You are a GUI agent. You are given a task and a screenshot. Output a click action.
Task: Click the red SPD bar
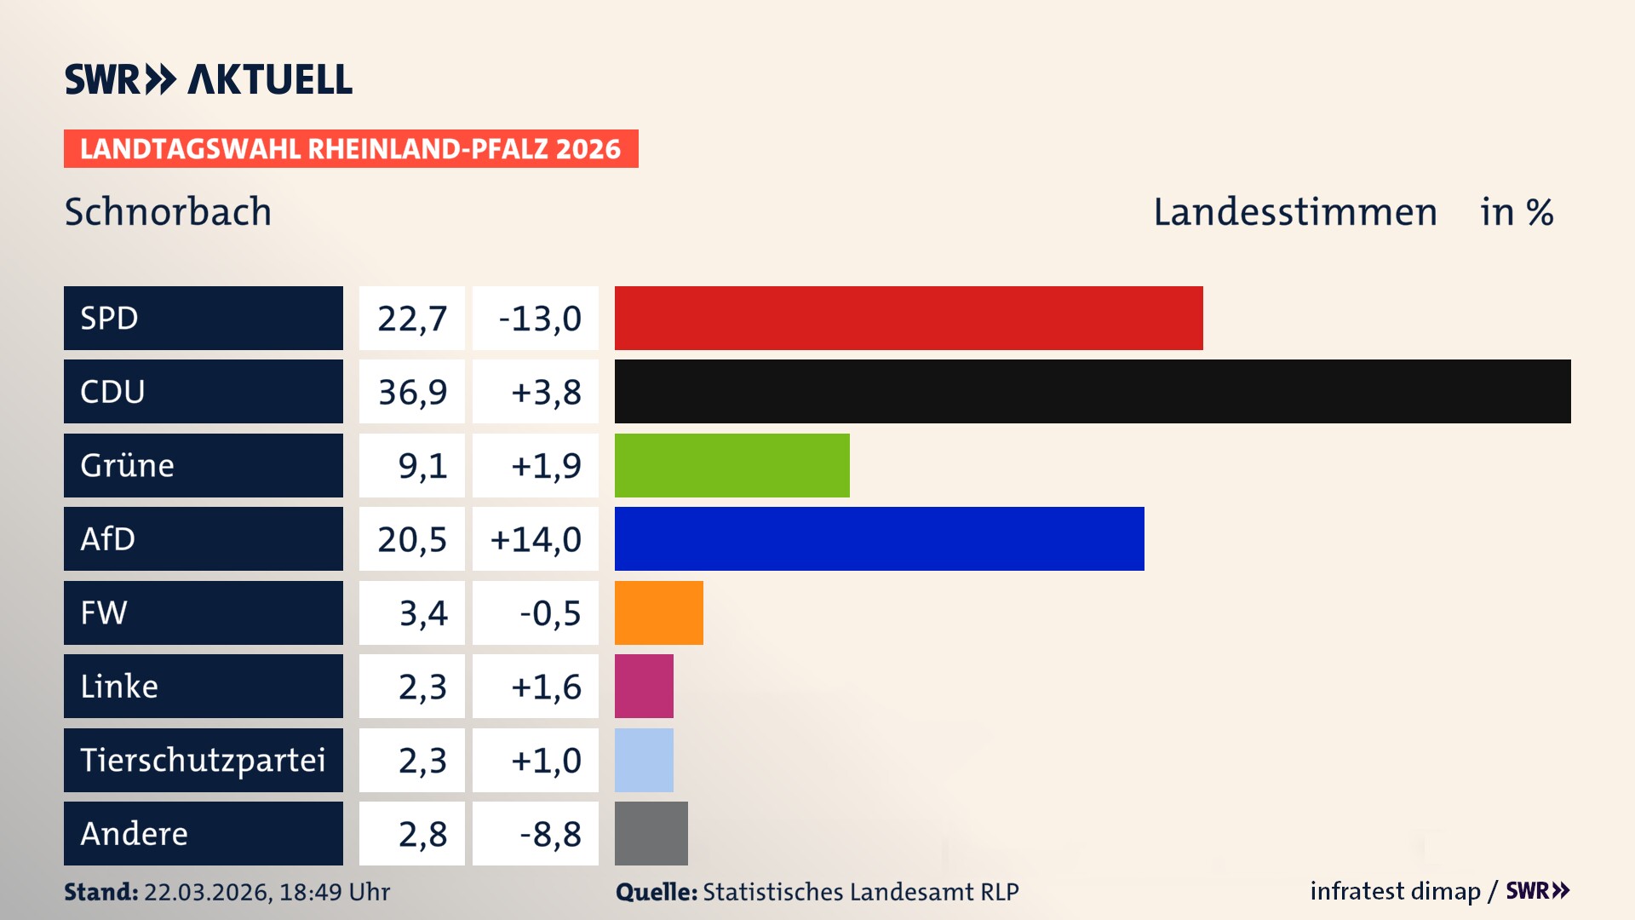click(x=909, y=318)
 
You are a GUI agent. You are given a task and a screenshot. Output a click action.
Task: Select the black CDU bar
click(x=1093, y=391)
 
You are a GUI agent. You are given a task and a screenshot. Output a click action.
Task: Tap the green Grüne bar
click(x=731, y=465)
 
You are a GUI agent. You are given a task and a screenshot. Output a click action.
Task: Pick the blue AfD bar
click(x=879, y=538)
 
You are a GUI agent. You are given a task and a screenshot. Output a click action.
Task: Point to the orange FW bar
click(x=658, y=612)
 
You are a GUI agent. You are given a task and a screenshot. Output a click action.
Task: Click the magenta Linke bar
click(x=644, y=686)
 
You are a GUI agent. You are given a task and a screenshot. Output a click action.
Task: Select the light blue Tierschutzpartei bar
click(x=644, y=760)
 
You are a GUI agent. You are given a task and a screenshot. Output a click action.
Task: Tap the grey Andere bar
click(x=651, y=833)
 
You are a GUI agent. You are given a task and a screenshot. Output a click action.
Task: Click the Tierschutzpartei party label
click(x=203, y=760)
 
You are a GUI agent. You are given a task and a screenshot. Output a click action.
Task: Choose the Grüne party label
click(x=128, y=465)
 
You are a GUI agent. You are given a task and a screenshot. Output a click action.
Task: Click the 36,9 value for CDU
click(x=412, y=392)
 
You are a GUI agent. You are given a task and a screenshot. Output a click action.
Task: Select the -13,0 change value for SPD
click(x=539, y=319)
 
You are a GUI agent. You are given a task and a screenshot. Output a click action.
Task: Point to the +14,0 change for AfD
click(x=536, y=539)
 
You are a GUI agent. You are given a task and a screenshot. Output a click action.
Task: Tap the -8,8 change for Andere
click(x=550, y=834)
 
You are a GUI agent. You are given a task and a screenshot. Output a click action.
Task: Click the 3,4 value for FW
click(x=422, y=612)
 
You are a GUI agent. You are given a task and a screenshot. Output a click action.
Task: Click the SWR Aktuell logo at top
click(x=209, y=79)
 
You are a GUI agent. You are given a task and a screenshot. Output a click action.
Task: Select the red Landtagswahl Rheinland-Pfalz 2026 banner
click(x=351, y=149)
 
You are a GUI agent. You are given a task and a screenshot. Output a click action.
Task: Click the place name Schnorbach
click(x=168, y=211)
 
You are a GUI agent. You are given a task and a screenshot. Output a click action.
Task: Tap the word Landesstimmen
click(x=1294, y=211)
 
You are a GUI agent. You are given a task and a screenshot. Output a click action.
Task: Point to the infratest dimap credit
click(x=1395, y=891)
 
